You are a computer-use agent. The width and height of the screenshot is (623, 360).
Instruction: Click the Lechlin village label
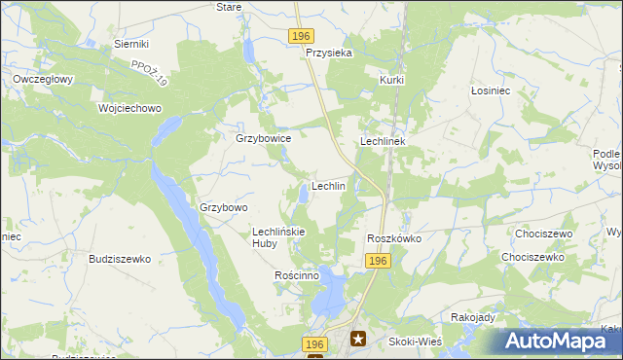(328, 186)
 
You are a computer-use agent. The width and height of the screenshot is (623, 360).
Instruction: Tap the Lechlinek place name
(388, 141)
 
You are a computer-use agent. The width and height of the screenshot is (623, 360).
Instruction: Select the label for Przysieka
(328, 54)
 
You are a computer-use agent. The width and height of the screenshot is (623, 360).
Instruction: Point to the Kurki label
(391, 80)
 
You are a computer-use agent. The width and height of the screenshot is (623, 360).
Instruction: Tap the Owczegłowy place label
(43, 79)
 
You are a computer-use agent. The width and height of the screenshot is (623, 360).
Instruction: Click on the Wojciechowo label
(128, 108)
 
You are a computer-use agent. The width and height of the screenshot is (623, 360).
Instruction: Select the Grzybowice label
(264, 138)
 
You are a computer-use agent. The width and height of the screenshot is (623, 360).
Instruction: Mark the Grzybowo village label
(224, 207)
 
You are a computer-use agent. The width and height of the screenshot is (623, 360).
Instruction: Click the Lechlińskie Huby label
(279, 237)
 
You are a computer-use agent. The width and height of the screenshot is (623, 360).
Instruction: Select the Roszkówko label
(393, 238)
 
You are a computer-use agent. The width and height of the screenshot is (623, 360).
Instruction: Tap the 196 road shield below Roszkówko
(380, 261)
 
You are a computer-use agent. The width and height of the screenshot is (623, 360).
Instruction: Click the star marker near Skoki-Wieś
(358, 340)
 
